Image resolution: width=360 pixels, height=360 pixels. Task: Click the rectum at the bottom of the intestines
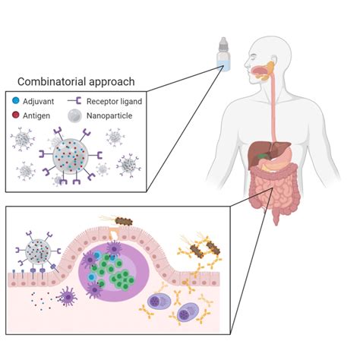[278, 215]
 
